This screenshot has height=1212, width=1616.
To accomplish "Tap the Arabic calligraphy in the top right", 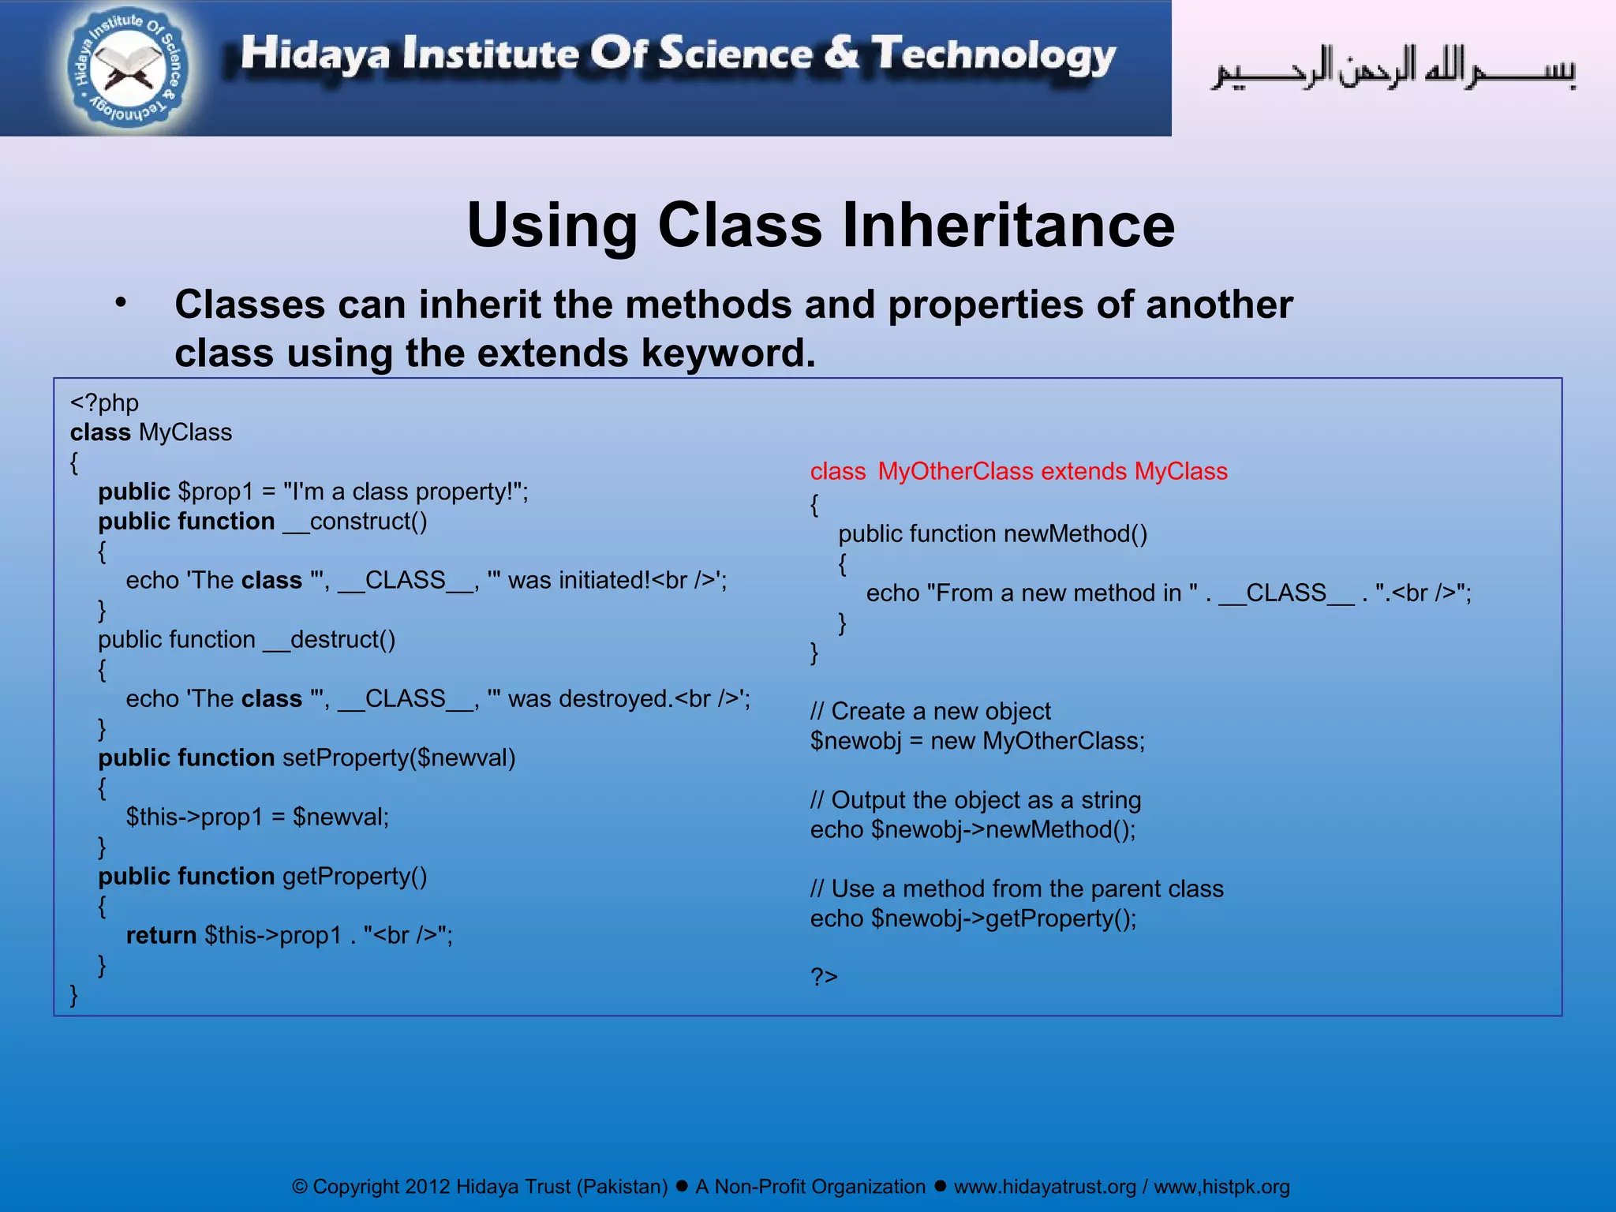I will (1393, 69).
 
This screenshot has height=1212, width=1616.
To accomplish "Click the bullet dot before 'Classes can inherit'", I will (120, 304).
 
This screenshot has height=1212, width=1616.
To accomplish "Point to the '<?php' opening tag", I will (104, 403).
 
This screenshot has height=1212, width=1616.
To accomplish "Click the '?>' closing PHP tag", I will (824, 977).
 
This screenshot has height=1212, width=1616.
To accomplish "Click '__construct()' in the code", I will (354, 522).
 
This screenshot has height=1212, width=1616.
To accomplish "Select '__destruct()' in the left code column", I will (329, 640).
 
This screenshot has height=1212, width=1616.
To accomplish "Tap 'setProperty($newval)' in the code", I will (398, 758).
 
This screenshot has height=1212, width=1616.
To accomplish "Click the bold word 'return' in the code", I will (161, 936).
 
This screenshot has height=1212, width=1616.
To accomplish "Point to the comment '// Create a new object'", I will (930, 712).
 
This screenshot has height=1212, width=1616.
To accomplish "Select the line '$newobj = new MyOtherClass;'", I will (977, 741).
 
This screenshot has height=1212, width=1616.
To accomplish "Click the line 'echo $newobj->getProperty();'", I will (973, 918).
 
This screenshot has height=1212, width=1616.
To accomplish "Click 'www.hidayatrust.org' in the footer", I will (1045, 1187).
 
